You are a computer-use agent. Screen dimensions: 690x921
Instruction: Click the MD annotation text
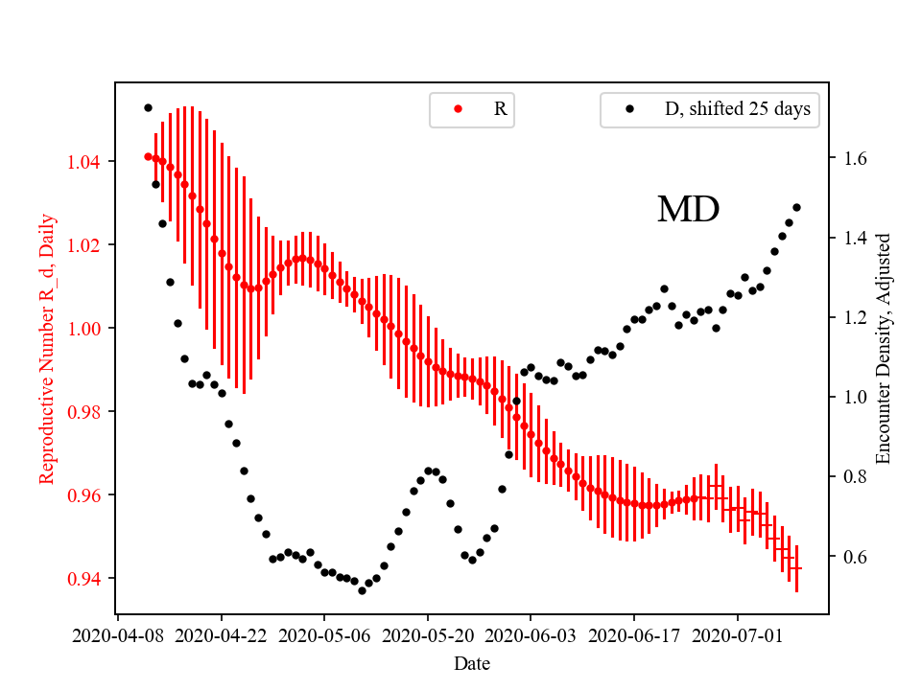(688, 210)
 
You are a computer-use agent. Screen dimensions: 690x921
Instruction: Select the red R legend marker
(458, 109)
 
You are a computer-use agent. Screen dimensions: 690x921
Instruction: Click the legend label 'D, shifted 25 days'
(737, 109)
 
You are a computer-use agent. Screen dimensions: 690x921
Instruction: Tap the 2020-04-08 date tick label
(118, 634)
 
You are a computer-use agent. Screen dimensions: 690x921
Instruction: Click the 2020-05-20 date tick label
(428, 634)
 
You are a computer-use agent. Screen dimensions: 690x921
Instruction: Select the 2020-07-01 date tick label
(738, 634)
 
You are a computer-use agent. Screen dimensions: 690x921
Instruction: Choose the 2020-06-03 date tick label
(531, 634)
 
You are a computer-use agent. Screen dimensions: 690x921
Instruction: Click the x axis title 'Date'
(472, 662)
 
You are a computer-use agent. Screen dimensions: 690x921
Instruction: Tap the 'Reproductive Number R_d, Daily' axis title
(47, 348)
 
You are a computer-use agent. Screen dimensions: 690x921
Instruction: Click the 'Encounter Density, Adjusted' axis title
(884, 348)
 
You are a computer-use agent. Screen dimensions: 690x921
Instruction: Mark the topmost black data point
(148, 107)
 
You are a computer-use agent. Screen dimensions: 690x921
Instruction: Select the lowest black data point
(362, 590)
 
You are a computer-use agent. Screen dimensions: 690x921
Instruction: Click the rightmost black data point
(796, 207)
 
